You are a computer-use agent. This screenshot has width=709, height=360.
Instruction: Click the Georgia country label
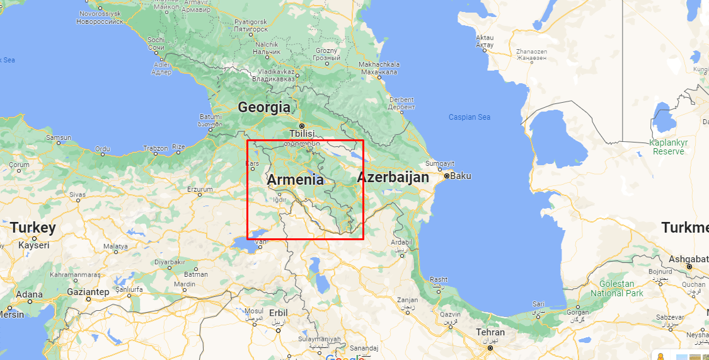point(264,107)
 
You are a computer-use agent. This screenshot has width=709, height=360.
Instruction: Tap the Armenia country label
point(295,180)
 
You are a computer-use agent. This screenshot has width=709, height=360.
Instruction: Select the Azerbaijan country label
point(393,178)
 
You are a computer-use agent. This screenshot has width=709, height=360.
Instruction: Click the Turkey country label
point(33,228)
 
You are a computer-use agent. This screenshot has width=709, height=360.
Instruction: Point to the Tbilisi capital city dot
point(301,125)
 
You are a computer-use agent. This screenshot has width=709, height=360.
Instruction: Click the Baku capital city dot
point(446,176)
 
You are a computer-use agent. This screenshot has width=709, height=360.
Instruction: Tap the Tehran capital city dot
point(490,347)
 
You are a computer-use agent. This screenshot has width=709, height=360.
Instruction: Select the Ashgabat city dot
point(689,267)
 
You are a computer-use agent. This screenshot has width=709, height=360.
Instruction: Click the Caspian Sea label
point(469,117)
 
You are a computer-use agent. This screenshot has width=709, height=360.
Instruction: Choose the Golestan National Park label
point(617,289)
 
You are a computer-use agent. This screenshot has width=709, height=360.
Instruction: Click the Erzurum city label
point(200,189)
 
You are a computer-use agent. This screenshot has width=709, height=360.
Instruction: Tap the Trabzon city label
point(155,149)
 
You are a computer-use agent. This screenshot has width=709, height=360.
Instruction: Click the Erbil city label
point(277,312)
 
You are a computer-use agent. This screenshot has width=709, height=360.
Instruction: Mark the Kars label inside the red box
point(251,164)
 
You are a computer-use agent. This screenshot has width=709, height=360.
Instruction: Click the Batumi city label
point(210,117)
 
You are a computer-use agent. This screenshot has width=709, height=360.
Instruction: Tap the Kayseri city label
point(34,245)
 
